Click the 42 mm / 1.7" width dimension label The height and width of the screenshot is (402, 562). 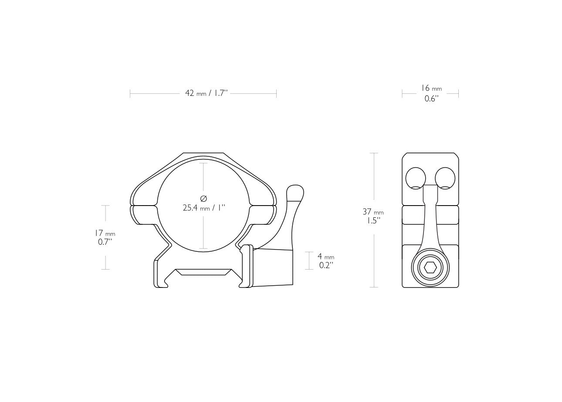(x=206, y=93)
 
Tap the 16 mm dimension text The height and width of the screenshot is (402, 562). (x=431, y=88)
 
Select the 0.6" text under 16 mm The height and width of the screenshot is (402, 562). (x=431, y=99)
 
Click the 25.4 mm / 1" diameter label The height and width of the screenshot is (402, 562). (x=203, y=208)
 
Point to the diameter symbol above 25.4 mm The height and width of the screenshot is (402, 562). (x=203, y=199)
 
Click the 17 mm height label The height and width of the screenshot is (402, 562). (x=105, y=233)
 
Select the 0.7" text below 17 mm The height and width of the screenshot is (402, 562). (x=105, y=242)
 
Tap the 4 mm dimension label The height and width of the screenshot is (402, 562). (x=326, y=257)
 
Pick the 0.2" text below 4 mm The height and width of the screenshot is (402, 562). (x=325, y=265)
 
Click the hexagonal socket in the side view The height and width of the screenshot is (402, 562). (x=430, y=268)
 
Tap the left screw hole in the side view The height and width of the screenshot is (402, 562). (x=416, y=178)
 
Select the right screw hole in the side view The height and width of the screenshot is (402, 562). (x=445, y=178)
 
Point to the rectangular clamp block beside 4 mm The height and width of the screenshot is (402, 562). (x=273, y=268)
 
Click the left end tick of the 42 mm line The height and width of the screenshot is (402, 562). (x=130, y=93)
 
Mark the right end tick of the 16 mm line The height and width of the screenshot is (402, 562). (x=458, y=93)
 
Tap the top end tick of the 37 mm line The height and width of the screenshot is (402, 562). (x=373, y=153)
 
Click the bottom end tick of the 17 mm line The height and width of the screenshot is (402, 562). (x=105, y=269)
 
